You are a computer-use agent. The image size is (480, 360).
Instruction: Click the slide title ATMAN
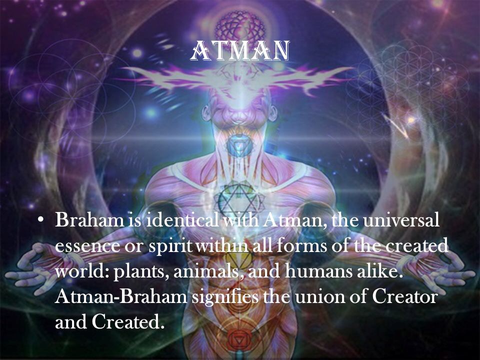239,50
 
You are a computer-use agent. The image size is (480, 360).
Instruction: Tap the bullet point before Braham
39,220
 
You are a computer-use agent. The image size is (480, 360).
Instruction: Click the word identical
182,220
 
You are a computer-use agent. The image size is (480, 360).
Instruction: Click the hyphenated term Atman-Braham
121,297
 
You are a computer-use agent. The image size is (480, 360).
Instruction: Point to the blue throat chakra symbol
240,144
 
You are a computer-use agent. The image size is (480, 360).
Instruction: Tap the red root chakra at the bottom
238,339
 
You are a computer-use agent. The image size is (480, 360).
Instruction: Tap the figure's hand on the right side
444,269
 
